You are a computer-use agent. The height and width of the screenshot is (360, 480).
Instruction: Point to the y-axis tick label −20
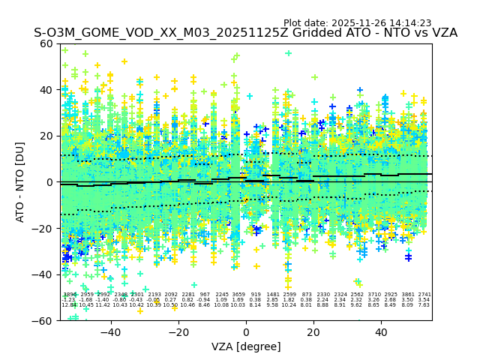[x=46, y=228]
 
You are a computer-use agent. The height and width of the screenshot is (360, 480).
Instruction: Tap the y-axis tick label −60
[x=46, y=320]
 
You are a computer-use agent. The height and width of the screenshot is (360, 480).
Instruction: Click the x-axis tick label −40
[x=110, y=331]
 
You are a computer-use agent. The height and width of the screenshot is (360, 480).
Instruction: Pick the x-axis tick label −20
[x=178, y=331]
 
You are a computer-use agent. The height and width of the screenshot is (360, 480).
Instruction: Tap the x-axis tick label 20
[x=313, y=331]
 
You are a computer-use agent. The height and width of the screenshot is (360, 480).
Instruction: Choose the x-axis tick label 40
[x=381, y=331]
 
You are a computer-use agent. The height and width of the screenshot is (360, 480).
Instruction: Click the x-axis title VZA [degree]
[x=246, y=346]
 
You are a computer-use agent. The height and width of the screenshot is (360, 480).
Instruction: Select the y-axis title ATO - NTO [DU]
[x=21, y=181]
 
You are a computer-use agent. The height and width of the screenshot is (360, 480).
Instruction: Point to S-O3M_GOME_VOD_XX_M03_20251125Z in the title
[x=139, y=33]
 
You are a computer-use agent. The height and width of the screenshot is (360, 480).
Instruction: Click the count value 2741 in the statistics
[x=424, y=295]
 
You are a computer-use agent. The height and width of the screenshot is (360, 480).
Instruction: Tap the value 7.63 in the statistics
[x=424, y=305]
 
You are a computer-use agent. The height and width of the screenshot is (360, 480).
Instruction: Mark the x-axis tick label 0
[x=246, y=331]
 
